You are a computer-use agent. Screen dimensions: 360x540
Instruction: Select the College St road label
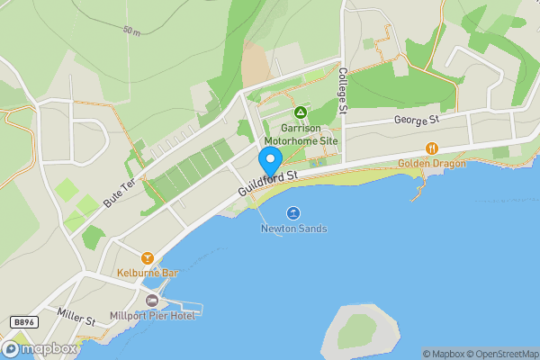pyautogui.click(x=343, y=91)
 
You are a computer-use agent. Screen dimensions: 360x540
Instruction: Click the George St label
pyautogui.click(x=415, y=119)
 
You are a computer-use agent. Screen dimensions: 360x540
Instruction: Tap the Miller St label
pyautogui.click(x=75, y=319)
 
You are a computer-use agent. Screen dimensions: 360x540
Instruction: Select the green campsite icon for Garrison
pyautogui.click(x=301, y=112)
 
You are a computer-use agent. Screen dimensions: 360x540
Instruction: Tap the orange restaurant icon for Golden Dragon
pyautogui.click(x=432, y=148)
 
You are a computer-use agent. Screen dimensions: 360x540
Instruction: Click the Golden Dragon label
pyautogui.click(x=432, y=164)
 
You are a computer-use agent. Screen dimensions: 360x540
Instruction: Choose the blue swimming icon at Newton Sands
pyautogui.click(x=293, y=213)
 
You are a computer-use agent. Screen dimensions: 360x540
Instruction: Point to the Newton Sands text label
pyautogui.click(x=293, y=229)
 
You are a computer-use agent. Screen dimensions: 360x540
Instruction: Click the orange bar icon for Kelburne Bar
pyautogui.click(x=147, y=256)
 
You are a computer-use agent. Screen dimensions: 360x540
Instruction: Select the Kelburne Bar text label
pyautogui.click(x=144, y=272)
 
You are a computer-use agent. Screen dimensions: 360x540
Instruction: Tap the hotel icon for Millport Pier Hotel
pyautogui.click(x=152, y=300)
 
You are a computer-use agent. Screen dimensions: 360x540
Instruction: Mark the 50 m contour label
pyautogui.click(x=131, y=31)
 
